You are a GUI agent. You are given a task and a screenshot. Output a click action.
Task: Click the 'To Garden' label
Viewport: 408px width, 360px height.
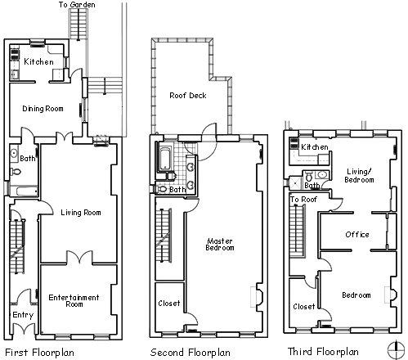pyautogui.click(x=77, y=5)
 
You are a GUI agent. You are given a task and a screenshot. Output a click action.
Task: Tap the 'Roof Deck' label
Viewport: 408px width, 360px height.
pyautogui.click(x=188, y=96)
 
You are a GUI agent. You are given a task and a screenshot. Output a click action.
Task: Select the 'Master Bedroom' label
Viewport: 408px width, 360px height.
pyautogui.click(x=220, y=245)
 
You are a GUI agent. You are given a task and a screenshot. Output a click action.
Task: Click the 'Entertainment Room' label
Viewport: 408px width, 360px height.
pyautogui.click(x=74, y=300)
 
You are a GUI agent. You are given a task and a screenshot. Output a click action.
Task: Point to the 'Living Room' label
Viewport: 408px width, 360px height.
pyautogui.click(x=81, y=213)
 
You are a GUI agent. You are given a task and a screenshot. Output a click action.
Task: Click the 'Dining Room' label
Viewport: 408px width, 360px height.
pyautogui.click(x=43, y=109)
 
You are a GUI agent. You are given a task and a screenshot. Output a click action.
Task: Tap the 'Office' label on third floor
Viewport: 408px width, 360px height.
pyautogui.click(x=357, y=235)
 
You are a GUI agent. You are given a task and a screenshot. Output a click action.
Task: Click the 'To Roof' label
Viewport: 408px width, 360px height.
pyautogui.click(x=303, y=200)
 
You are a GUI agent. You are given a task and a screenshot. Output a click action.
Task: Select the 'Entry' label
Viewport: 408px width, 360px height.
pyautogui.click(x=23, y=315)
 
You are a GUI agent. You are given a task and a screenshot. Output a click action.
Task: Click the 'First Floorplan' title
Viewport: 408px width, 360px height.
pyautogui.click(x=39, y=353)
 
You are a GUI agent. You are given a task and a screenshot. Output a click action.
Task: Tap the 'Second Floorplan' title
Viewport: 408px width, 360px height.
pyautogui.click(x=191, y=353)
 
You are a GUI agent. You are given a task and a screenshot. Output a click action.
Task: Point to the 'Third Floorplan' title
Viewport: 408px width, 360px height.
pyautogui.click(x=323, y=352)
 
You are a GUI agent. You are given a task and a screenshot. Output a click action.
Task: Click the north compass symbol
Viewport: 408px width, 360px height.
pyautogui.click(x=396, y=350)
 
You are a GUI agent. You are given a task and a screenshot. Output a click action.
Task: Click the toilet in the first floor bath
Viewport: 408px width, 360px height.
pyautogui.click(x=16, y=172)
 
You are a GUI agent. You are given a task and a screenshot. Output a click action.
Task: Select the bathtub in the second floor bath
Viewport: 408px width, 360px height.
pyautogui.click(x=164, y=159)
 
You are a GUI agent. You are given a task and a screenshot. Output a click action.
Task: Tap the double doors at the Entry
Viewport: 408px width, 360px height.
pyautogui.click(x=25, y=328)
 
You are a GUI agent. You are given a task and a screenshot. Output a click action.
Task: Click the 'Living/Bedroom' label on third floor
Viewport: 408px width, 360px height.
pyautogui.click(x=359, y=176)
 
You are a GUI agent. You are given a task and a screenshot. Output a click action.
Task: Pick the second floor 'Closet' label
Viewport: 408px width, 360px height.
pyautogui.click(x=169, y=304)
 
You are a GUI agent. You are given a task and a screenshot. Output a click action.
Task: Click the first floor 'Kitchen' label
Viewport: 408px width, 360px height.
pyautogui.click(x=38, y=61)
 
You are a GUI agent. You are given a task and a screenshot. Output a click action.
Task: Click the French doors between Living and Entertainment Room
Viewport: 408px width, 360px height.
pyautogui.click(x=79, y=258)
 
